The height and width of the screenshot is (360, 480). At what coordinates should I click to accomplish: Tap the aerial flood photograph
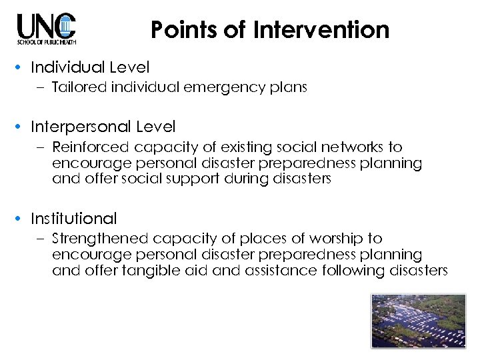(419, 321)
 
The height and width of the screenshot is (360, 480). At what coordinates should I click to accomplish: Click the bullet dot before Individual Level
(21, 68)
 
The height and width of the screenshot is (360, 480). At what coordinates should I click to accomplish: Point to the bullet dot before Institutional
(21, 219)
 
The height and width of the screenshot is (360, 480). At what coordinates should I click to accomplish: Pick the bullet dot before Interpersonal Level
(21, 127)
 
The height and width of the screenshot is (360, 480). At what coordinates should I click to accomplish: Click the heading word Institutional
(73, 218)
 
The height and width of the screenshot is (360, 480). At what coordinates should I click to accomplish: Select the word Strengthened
(99, 238)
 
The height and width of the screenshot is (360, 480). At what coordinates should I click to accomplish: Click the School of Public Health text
(47, 42)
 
